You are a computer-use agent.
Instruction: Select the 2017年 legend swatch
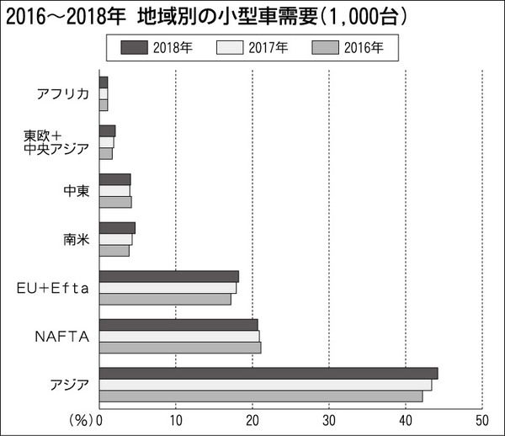(x=229, y=48)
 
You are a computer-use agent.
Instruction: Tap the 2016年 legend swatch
(x=325, y=48)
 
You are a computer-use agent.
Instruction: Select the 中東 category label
(x=75, y=190)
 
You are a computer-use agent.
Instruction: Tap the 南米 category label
(x=75, y=239)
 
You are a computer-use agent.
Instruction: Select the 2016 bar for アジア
(x=260, y=396)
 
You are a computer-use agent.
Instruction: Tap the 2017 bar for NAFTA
(x=178, y=336)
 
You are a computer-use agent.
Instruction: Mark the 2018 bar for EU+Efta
(x=168, y=276)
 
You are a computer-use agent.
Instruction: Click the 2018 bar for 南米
(x=117, y=228)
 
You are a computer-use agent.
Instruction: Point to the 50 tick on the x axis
(x=481, y=419)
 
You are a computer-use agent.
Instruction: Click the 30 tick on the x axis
(x=328, y=419)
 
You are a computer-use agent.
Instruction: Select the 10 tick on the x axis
(x=175, y=419)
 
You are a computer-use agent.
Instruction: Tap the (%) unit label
(x=80, y=419)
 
